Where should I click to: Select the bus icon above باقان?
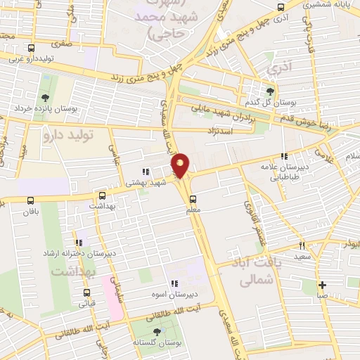[30, 199]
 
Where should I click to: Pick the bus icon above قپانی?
[86, 292]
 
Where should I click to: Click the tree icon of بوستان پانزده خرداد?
[46, 98]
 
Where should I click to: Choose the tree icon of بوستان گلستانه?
[156, 331]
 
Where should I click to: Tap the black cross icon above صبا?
[322, 285]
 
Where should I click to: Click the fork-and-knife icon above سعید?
[302, 246]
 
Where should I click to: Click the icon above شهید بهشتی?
[145, 170]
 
